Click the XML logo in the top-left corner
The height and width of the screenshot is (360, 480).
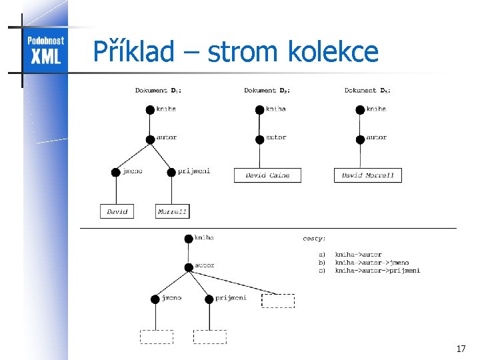pyautogui.click(x=45, y=50)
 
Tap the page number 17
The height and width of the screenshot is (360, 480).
pyautogui.click(x=461, y=349)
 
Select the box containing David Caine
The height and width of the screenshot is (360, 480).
pyautogui.click(x=267, y=175)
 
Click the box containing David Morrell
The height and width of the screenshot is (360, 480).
pyautogui.click(x=367, y=175)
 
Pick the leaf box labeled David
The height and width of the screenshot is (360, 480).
pyautogui.click(x=117, y=211)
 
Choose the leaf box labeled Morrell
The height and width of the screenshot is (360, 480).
pyautogui.click(x=172, y=211)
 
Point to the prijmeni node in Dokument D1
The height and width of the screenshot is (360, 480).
pyautogui.click(x=172, y=172)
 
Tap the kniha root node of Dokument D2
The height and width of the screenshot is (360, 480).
pyautogui.click(x=260, y=109)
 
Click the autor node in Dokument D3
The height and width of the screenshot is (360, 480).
pyautogui.click(x=361, y=139)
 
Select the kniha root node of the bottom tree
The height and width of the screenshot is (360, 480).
pyautogui.click(x=189, y=238)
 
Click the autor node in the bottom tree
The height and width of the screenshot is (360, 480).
pyautogui.click(x=189, y=267)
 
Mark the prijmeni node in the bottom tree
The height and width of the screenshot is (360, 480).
pyautogui.click(x=209, y=299)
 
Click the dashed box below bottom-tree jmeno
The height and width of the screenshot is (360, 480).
pyautogui.click(x=156, y=337)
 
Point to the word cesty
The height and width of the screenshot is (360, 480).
pyautogui.click(x=314, y=237)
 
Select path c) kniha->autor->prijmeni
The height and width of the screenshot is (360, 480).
pyautogui.click(x=377, y=271)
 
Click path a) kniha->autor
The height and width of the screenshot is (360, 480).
pyautogui.click(x=357, y=255)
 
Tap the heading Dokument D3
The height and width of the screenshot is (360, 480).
pyautogui.click(x=367, y=90)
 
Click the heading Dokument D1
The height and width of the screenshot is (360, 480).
pyautogui.click(x=158, y=90)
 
